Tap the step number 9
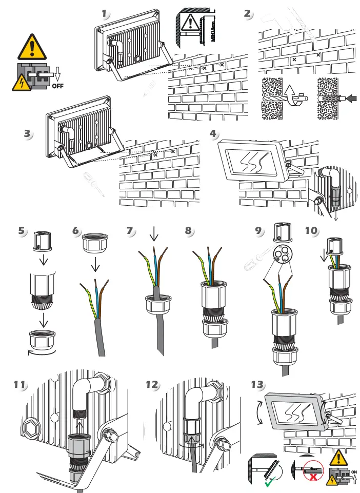click(x=259, y=230)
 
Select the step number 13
click(x=257, y=384)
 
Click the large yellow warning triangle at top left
click(x=32, y=47)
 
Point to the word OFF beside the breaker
click(x=58, y=86)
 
